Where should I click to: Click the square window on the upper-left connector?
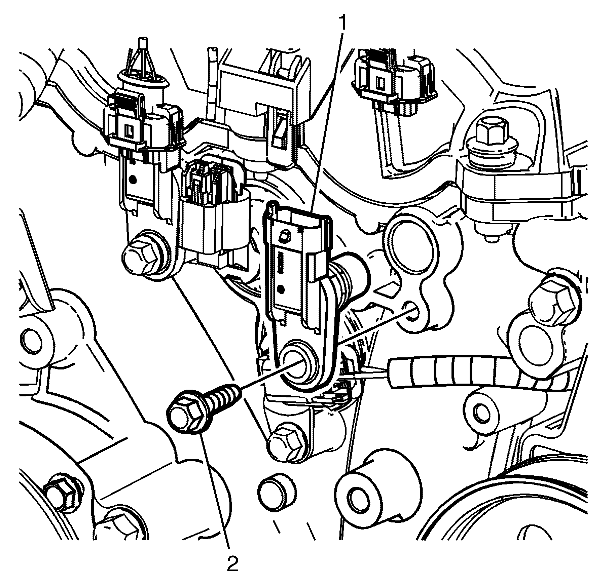coord(129,130)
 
